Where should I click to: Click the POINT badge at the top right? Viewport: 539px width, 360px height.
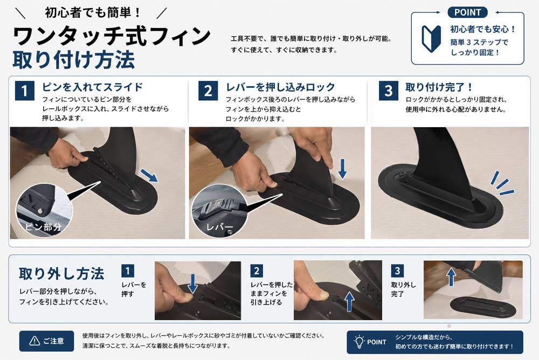467,12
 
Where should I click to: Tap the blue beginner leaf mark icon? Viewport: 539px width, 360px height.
431,38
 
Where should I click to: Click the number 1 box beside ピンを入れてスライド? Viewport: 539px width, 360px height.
25,91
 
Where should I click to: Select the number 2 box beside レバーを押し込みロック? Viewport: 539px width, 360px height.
208,91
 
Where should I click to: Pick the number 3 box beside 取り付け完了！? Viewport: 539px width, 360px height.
389,91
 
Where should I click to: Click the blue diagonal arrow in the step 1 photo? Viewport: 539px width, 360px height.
149,175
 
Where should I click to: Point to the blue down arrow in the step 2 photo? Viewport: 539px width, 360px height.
342,169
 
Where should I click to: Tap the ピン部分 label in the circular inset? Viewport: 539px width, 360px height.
43,227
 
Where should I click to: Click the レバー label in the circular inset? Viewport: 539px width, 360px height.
220,227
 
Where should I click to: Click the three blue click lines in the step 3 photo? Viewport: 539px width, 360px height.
501,183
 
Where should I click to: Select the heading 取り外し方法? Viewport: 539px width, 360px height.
61,274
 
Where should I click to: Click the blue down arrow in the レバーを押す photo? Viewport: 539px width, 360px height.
192,283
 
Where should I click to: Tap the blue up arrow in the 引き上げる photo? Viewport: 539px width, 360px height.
349,302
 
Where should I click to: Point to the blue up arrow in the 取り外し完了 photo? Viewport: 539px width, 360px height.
451,277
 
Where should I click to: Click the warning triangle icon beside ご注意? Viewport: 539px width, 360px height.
34,341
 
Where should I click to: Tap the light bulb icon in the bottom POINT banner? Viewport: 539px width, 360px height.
359,342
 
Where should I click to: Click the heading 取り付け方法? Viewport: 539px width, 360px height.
73,60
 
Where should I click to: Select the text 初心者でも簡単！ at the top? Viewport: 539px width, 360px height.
93,13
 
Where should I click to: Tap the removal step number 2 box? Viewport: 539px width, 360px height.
257,271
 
